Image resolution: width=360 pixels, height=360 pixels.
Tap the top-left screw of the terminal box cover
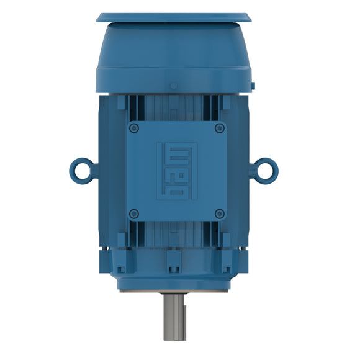[x=133, y=128]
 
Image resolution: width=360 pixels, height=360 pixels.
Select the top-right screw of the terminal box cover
[x=219, y=128]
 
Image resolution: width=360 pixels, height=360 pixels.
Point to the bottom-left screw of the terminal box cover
[x=133, y=214]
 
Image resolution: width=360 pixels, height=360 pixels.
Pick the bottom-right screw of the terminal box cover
[x=219, y=214]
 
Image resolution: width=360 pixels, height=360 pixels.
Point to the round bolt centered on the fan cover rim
[x=174, y=86]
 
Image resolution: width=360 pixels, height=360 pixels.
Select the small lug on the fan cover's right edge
[x=253, y=83]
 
